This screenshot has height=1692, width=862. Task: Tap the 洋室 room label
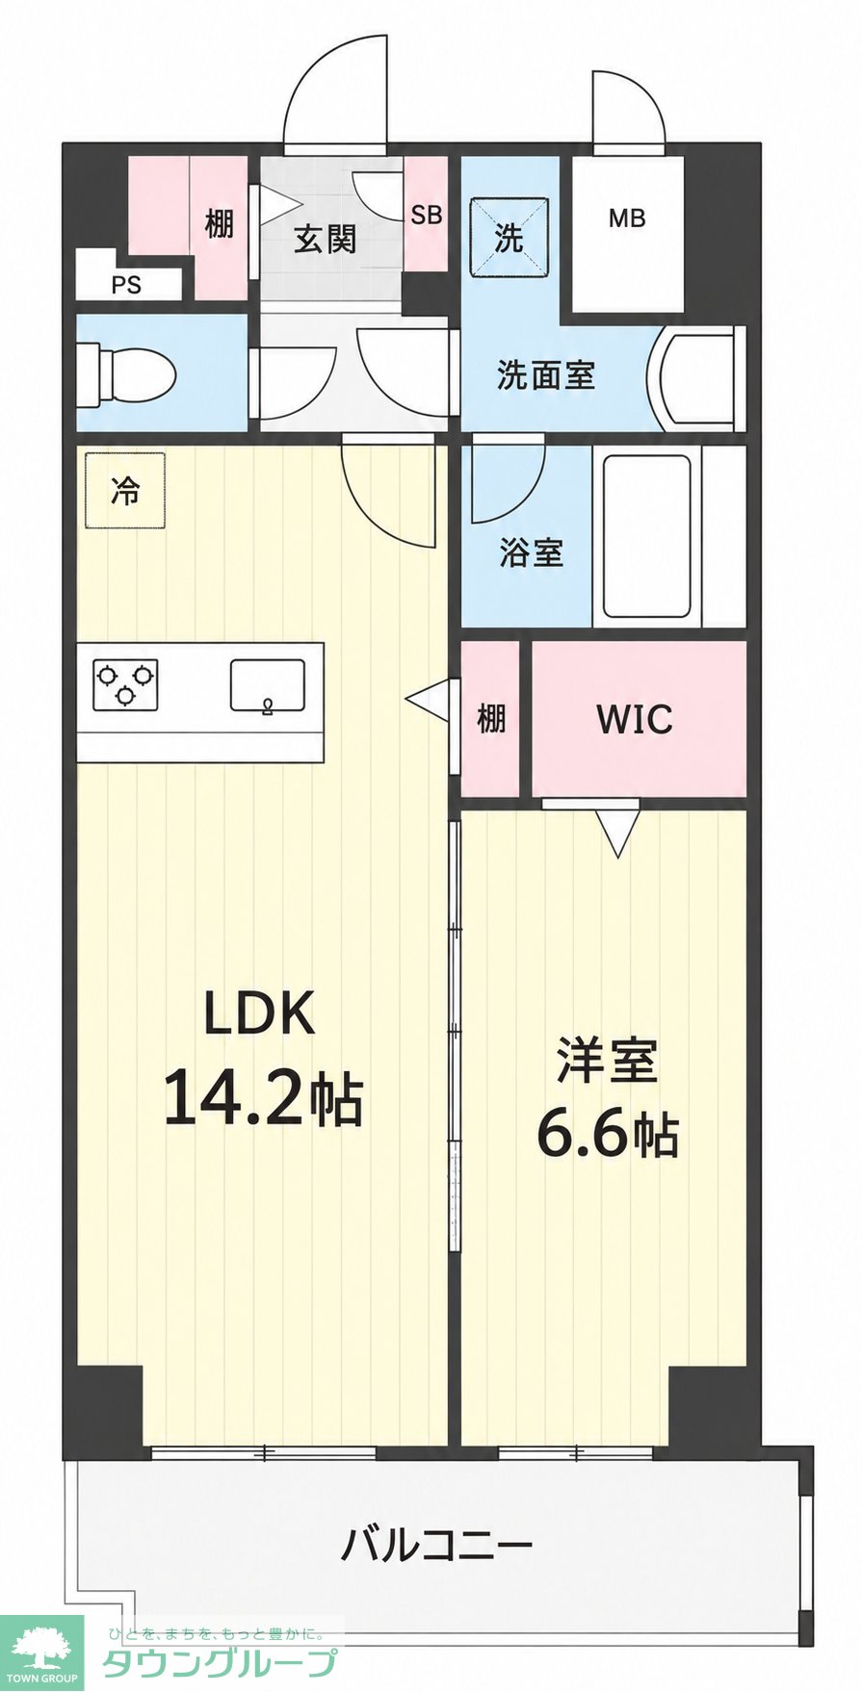click(x=607, y=1061)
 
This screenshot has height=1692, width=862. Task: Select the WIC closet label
click(x=635, y=719)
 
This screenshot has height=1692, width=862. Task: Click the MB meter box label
click(x=626, y=218)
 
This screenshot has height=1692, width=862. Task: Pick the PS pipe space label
click(x=126, y=285)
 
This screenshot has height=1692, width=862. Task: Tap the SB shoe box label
click(x=426, y=215)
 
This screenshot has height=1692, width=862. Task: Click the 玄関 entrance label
click(x=326, y=238)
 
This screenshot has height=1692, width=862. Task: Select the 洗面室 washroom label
click(x=546, y=374)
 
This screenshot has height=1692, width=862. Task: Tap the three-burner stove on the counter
click(x=125, y=683)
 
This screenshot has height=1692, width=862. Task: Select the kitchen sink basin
click(x=268, y=685)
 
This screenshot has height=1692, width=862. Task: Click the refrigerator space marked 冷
click(x=125, y=490)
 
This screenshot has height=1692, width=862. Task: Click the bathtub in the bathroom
click(x=647, y=536)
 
